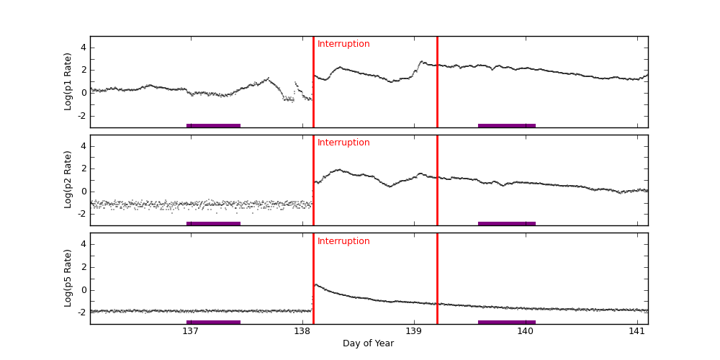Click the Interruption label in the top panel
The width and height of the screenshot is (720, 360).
[343, 44]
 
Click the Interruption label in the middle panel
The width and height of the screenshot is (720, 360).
[343, 143]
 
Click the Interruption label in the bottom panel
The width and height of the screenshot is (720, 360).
[343, 241]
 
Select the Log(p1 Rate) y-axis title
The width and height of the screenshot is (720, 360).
[68, 81]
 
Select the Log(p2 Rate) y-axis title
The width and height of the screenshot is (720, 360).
[68, 180]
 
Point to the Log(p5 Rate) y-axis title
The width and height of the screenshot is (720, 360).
[68, 278]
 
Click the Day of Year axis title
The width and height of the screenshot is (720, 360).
[368, 343]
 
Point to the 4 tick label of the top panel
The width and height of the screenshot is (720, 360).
[83, 48]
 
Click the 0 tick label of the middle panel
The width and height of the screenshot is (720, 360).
[83, 192]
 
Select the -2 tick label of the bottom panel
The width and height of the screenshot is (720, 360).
[81, 312]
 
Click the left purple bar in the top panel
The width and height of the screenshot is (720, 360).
[213, 125]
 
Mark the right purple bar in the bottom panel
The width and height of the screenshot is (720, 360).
[506, 322]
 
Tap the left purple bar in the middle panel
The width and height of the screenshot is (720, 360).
[213, 223]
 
